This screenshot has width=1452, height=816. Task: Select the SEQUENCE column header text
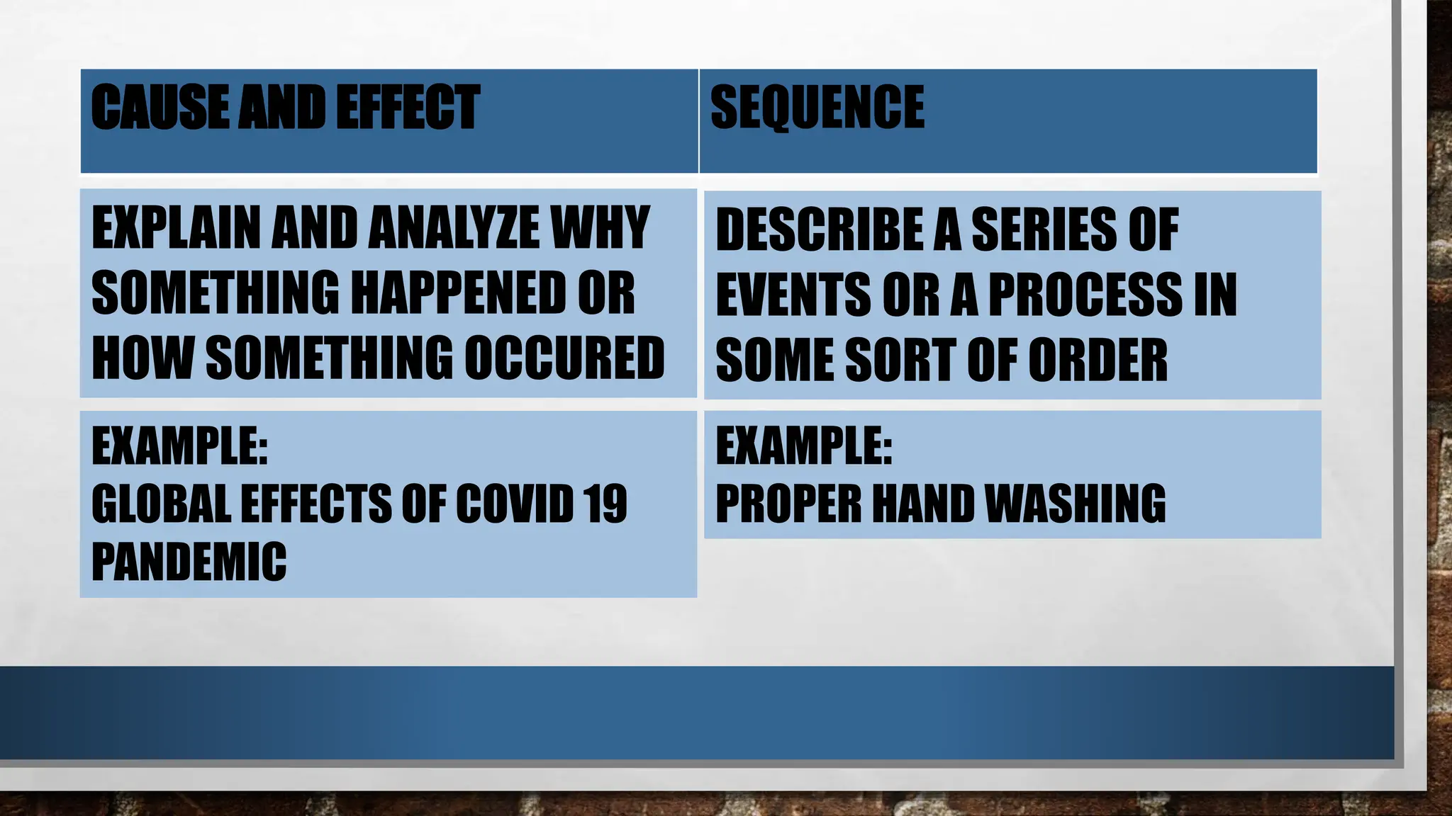click(817, 107)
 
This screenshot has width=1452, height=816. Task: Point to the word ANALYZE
click(454, 228)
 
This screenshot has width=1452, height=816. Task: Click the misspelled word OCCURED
click(564, 358)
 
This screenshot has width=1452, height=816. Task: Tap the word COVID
click(514, 504)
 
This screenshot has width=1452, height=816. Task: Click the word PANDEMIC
click(189, 562)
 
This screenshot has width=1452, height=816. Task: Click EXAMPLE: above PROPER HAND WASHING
click(804, 446)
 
